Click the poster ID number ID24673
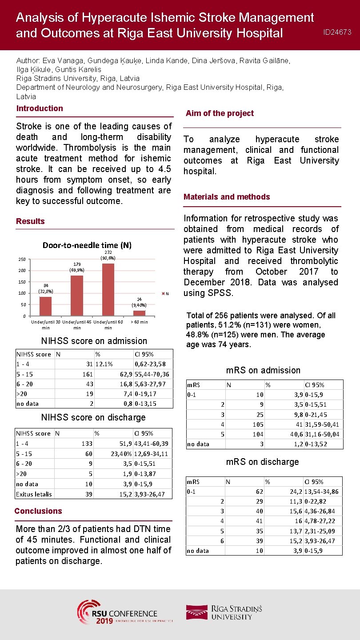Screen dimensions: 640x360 (337, 32)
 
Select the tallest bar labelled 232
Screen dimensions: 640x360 (108, 289)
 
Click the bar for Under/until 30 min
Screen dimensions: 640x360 (45, 306)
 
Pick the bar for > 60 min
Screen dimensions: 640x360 (139, 313)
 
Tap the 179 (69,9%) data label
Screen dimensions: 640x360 (76, 267)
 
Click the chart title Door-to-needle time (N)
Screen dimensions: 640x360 (87, 245)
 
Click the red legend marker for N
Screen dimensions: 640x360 (163, 293)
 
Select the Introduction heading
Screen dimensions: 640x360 (40, 108)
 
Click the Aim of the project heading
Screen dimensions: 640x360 (220, 113)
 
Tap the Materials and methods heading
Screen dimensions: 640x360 (227, 197)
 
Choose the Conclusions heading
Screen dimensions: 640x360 (38, 511)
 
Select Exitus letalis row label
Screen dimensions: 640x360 (34, 494)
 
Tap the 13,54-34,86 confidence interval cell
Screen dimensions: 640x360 (321, 492)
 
